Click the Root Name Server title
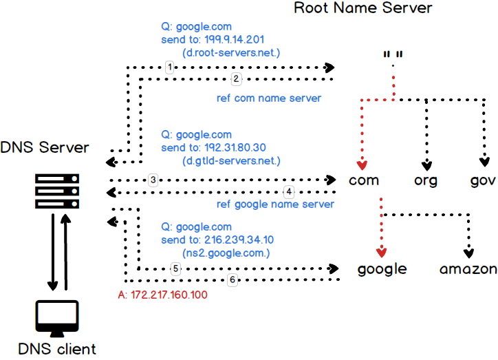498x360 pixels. pyautogui.click(x=363, y=8)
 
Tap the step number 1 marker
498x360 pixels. pyautogui.click(x=170, y=67)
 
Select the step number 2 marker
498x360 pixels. pyautogui.click(x=235, y=79)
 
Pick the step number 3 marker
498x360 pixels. pyautogui.click(x=153, y=180)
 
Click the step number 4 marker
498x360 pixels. pyautogui.click(x=289, y=191)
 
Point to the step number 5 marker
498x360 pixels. pyautogui.click(x=176, y=268)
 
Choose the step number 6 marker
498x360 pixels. pyautogui.click(x=232, y=280)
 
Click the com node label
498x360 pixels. pyautogui.click(x=365, y=181)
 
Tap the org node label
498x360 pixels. pyautogui.click(x=426, y=181)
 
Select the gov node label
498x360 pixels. pyautogui.click(x=482, y=181)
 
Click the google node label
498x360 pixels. pyautogui.click(x=382, y=268)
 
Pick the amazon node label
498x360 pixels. pyautogui.click(x=468, y=268)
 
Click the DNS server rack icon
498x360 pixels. pyautogui.click(x=57, y=190)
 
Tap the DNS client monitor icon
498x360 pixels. pyautogui.click(x=57, y=315)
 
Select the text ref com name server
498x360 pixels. pyautogui.click(x=269, y=98)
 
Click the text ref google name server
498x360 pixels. pyautogui.click(x=275, y=204)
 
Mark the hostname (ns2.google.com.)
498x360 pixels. pyautogui.click(x=225, y=253)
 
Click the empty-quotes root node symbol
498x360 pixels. pyautogui.click(x=393, y=54)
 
